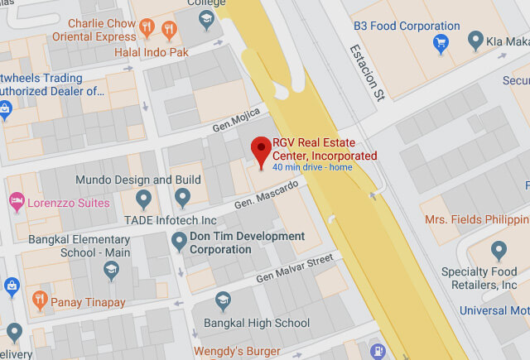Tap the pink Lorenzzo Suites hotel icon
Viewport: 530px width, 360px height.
16,201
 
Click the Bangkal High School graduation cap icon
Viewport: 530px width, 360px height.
223,301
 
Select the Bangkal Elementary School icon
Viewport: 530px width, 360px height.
110,269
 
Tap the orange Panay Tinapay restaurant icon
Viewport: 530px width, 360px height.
39,300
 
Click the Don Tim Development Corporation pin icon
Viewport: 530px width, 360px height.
178,242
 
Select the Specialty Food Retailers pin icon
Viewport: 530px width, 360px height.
498,251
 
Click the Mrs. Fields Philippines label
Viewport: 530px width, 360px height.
476,219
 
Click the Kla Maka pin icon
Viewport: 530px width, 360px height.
475,39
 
